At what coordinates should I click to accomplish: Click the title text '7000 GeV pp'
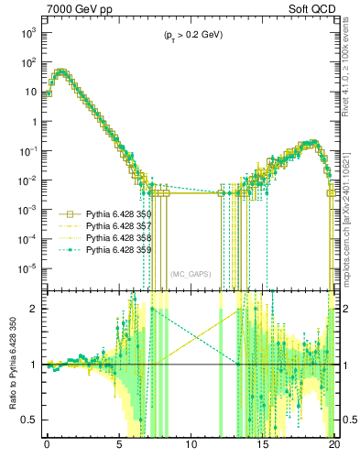tap(76, 9)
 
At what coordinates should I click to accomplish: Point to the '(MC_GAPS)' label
tap(191, 274)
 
